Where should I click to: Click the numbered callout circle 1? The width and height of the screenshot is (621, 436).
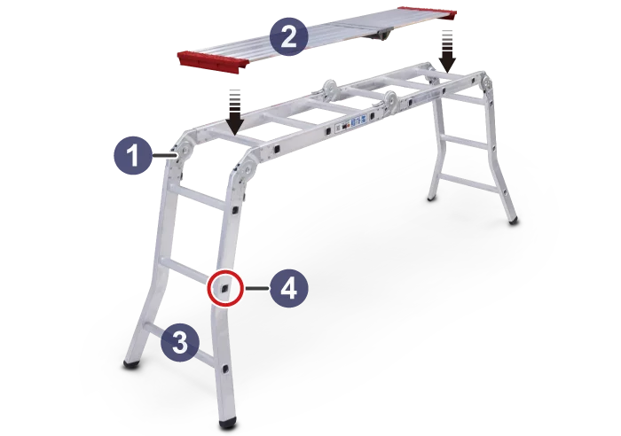coord(133,155)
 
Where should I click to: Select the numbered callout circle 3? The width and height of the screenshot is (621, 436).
coord(180,343)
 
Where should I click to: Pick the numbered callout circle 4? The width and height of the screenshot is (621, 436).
coord(288,288)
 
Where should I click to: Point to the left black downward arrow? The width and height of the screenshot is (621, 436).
coord(235,112)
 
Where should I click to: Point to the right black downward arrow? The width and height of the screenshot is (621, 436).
coord(448,51)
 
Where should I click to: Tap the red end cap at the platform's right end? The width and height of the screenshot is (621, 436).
coord(428,13)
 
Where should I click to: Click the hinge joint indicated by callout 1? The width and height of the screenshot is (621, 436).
coord(185,152)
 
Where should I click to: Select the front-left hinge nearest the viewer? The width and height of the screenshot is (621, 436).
coord(248,171)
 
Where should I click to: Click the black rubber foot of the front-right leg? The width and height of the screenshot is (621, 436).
coord(229,423)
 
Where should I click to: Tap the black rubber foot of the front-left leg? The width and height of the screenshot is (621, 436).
coord(132,364)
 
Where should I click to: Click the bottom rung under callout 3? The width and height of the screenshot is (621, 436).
coord(179,343)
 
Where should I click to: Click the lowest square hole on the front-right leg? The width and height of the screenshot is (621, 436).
coord(225,370)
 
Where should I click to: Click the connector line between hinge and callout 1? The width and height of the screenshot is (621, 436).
coord(164,156)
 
